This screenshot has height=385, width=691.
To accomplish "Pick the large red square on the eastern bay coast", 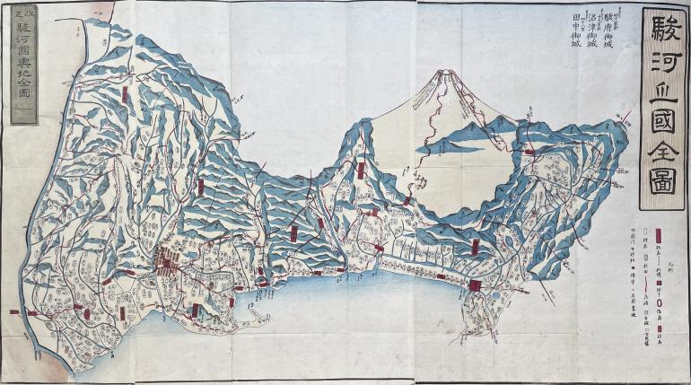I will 474,286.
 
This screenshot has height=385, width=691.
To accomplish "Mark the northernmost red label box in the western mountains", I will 127,93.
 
